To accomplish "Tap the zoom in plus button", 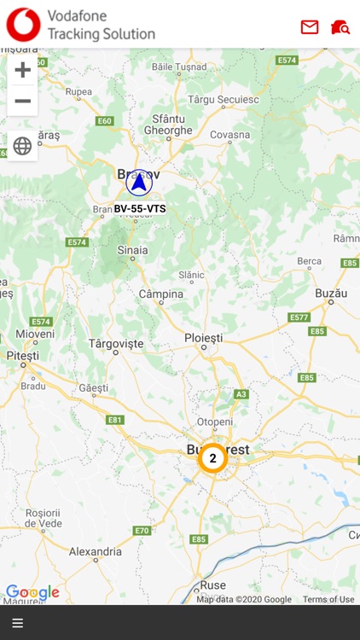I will click(x=23, y=69).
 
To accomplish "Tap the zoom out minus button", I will click(x=23, y=101).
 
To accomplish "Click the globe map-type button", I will click(x=23, y=145).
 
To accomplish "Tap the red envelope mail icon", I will click(x=310, y=27).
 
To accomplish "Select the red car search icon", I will click(x=340, y=27).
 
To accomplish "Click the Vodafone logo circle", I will click(x=23, y=25).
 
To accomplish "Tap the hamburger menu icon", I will click(x=17, y=623).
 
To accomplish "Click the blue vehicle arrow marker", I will click(x=139, y=182).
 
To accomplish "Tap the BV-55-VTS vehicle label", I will click(x=140, y=208).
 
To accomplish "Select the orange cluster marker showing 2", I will click(x=212, y=458).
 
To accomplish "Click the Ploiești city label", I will click(x=203, y=339).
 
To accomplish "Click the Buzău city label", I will click(x=331, y=292).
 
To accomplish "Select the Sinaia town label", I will click(x=132, y=250).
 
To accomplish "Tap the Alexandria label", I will click(x=96, y=551).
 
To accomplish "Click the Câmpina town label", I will click(x=160, y=294).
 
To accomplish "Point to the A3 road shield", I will click(x=241, y=393).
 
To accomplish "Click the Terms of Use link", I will click(x=328, y=599).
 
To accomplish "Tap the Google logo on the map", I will click(x=32, y=592).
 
